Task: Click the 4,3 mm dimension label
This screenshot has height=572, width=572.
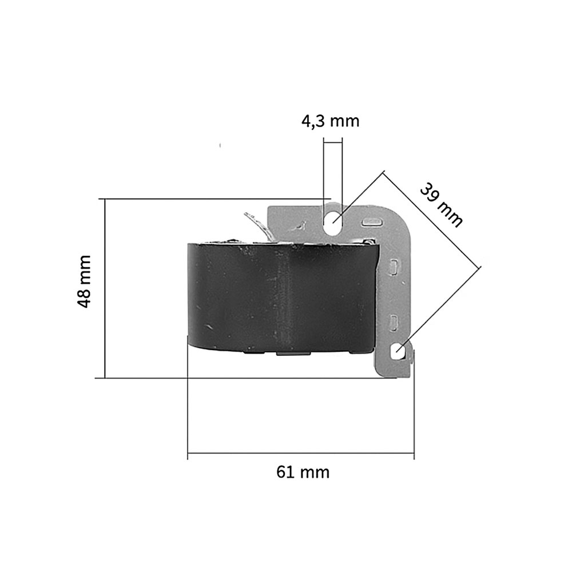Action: [x=330, y=121]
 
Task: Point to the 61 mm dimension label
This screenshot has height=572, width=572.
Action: [x=303, y=472]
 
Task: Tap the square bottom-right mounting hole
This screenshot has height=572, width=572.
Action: [x=398, y=352]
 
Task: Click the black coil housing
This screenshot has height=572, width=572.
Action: [x=281, y=297]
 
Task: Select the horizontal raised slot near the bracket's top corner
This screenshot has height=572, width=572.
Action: [x=371, y=221]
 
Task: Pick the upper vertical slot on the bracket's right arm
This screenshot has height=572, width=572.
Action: [x=394, y=267]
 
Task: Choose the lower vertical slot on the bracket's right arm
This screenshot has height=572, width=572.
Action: [x=394, y=323]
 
